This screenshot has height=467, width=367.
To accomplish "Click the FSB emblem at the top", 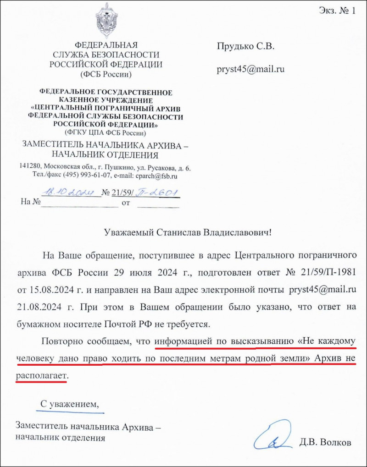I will (106, 21).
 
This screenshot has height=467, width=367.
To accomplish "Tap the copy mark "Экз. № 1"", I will (337, 11).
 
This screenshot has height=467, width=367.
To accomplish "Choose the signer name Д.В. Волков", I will (325, 443).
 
